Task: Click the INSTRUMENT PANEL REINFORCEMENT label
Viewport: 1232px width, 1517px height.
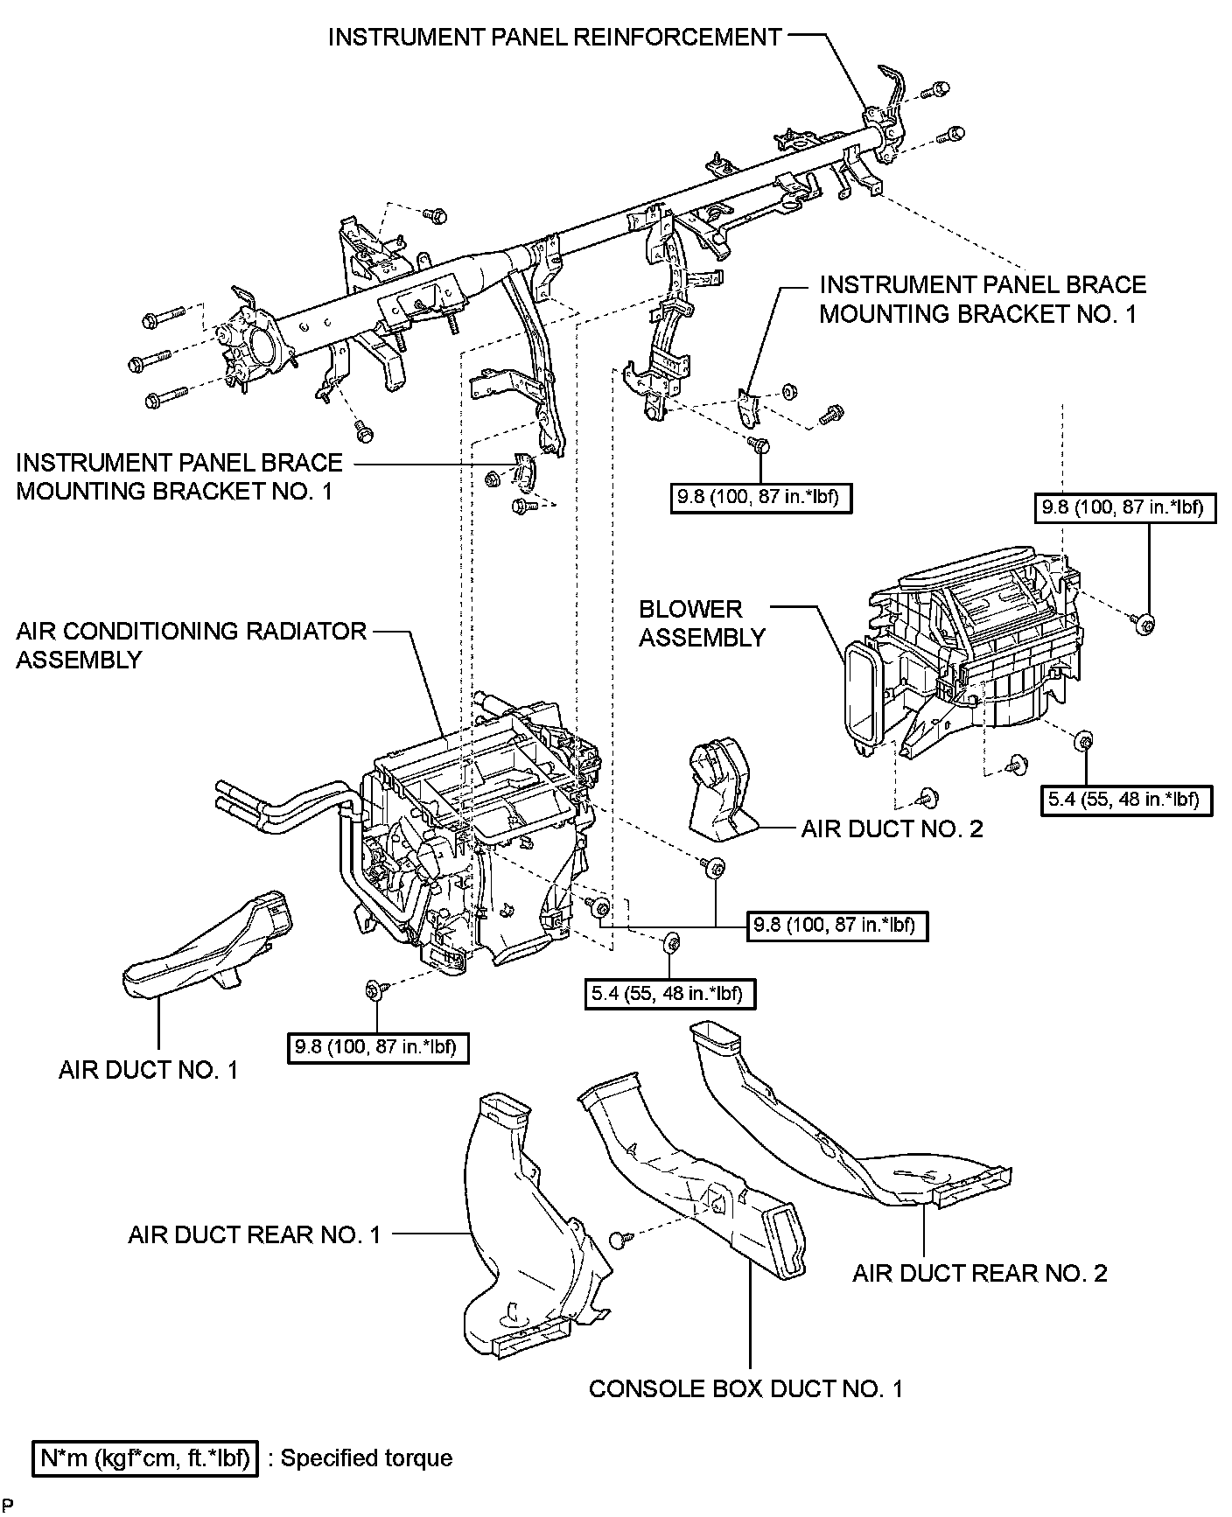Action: click(x=555, y=37)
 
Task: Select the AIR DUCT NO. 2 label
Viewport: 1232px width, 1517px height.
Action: click(x=892, y=828)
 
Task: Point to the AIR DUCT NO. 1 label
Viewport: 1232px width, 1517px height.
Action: click(x=148, y=1070)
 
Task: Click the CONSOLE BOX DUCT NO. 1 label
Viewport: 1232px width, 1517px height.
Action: click(x=745, y=1388)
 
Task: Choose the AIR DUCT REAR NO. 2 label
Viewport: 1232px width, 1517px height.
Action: click(x=979, y=1273)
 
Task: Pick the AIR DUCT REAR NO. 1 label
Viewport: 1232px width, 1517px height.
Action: click(x=255, y=1234)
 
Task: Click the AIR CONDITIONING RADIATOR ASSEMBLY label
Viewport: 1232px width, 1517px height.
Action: click(x=191, y=645)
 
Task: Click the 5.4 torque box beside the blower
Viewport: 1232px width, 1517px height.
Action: click(x=1127, y=798)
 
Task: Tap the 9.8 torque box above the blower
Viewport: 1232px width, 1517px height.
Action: click(x=1125, y=507)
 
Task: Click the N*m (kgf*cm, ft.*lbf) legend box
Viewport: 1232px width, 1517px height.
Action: click(x=145, y=1458)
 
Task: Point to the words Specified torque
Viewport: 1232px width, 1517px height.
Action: click(x=367, y=1458)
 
